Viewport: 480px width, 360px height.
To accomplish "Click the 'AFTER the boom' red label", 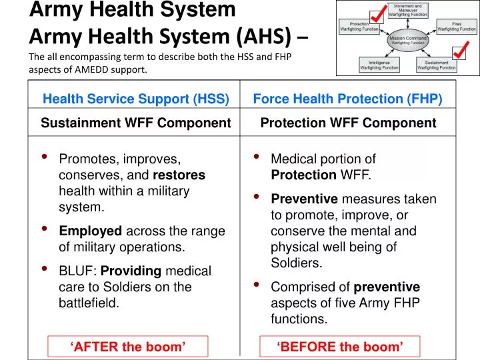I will tap(127, 346).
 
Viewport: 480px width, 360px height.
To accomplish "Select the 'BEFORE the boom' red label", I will tap(340, 346).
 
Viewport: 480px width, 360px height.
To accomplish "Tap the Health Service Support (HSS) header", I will tap(136, 99).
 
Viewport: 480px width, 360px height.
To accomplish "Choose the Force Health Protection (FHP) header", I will tap(347, 99).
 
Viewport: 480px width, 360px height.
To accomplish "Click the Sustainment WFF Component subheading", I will tap(136, 123).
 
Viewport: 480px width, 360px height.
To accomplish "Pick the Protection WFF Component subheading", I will tap(348, 123).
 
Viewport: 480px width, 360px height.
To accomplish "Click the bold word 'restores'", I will tap(179, 175).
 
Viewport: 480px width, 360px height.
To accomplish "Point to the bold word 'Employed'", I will tap(91, 231).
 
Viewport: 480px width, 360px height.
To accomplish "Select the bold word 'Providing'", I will tap(131, 271).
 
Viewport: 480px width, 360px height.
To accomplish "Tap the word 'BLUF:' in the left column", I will tap(78, 271).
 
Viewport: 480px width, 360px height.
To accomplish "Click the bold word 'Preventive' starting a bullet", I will tap(304, 199).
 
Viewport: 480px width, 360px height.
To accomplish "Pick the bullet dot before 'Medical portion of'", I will tap(257, 158).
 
